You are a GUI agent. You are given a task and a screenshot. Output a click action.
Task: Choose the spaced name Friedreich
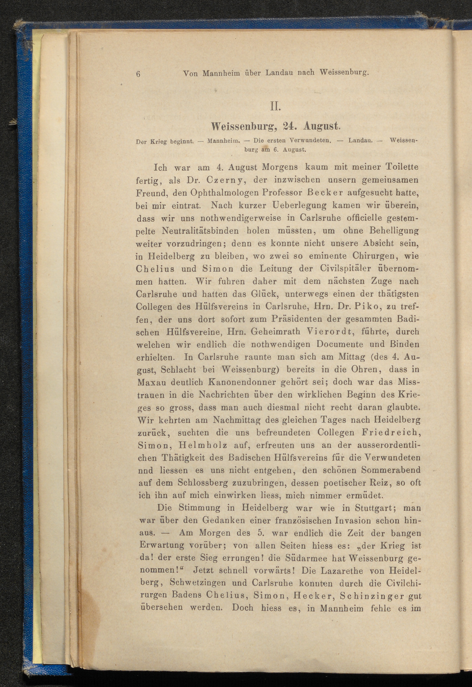[391, 433]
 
